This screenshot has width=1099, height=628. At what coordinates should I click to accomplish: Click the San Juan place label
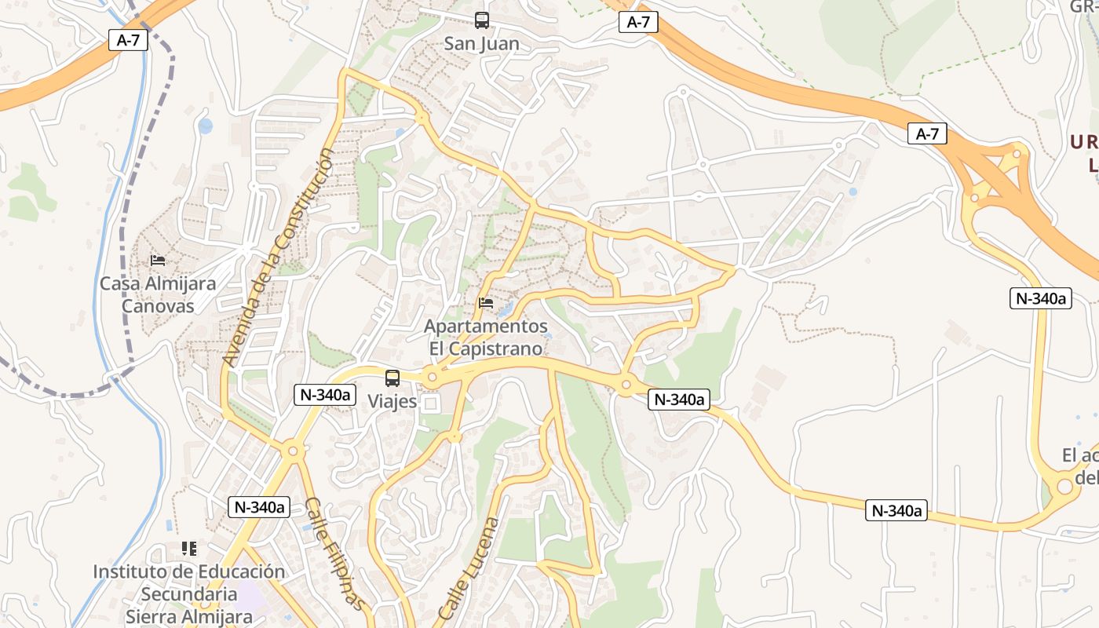coord(481,43)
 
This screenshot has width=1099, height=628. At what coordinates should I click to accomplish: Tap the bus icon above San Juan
coord(481,20)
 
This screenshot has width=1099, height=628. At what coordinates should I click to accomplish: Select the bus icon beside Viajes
coord(392,378)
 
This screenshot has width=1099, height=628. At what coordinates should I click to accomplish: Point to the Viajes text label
coord(392,401)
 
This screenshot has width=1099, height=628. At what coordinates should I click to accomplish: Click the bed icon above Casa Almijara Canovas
coord(158,260)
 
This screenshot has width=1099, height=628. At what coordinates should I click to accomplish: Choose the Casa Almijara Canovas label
coord(158,294)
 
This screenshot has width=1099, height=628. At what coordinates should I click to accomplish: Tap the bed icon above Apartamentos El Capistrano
coord(486,302)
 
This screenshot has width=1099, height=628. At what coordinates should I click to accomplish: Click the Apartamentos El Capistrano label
coord(486,337)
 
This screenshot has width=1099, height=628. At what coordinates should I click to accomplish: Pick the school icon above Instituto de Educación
coord(188,548)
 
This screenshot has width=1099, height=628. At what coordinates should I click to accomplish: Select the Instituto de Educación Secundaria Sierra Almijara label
coord(188,593)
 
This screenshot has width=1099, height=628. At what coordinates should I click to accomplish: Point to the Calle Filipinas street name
coord(335,553)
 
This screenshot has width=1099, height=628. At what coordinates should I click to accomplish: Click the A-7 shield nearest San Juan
coord(638,22)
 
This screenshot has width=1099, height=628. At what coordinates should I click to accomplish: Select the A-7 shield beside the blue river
coord(128,40)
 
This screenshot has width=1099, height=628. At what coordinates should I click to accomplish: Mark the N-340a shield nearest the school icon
coord(259,507)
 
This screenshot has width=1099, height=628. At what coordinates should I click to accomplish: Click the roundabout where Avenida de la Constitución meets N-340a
coord(293,451)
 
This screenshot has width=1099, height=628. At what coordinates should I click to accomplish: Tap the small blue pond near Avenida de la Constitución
coord(205,126)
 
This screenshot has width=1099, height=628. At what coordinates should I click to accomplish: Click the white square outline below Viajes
coord(431,403)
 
